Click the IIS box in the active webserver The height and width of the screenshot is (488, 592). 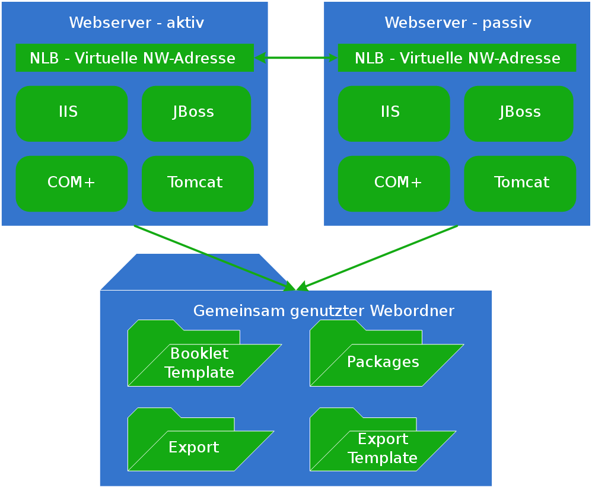pos(72,114)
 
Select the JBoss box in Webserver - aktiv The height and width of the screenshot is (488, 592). pos(196,114)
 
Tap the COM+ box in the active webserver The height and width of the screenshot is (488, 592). pos(72,184)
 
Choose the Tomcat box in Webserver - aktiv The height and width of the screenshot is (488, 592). pos(198,184)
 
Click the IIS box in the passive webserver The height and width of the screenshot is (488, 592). pos(394,114)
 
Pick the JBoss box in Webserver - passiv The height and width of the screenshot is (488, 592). pos(518,114)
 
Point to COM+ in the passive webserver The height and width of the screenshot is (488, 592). pos(394,184)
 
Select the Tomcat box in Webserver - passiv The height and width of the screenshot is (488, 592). pos(520,184)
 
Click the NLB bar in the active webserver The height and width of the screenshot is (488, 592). pos(134,58)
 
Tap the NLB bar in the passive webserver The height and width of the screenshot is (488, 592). pos(457,58)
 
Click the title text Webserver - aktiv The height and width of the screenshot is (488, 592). pos(136,23)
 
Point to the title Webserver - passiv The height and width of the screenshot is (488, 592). pos(458,23)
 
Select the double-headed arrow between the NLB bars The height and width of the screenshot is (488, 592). pos(295,58)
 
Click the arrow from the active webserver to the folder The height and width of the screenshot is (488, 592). pos(214,258)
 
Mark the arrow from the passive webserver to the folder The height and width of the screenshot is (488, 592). pos(380,257)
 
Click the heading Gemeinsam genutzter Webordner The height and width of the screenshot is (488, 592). pos(324,311)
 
